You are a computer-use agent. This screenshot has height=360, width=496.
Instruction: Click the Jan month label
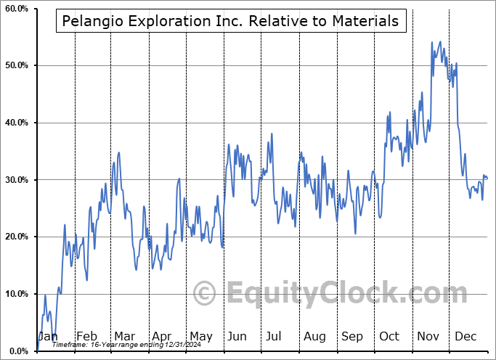pyautogui.click(x=48, y=337)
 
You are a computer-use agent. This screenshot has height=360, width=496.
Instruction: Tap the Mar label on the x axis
pyautogui.click(x=124, y=337)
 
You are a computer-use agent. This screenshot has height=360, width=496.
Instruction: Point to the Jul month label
pyautogui.click(x=275, y=337)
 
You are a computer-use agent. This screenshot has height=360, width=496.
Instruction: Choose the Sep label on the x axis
pyautogui.click(x=352, y=337)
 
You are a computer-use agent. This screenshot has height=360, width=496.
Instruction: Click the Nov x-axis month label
pyautogui.click(x=427, y=337)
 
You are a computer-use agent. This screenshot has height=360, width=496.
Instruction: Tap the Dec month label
pyautogui.click(x=465, y=337)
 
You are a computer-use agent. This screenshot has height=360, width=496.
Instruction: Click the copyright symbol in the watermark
pyautogui.click(x=205, y=293)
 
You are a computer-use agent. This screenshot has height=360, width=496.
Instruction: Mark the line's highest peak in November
pyautogui.click(x=431, y=42)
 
